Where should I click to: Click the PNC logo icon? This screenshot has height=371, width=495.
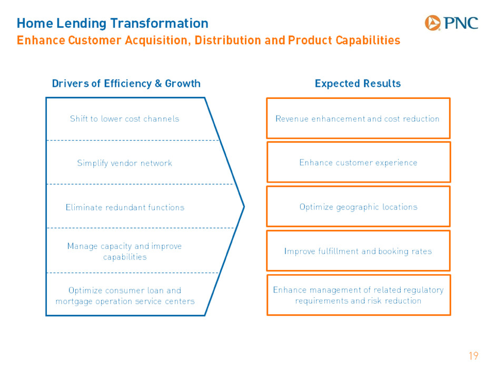click(x=432, y=23)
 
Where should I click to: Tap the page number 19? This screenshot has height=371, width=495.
click(x=473, y=356)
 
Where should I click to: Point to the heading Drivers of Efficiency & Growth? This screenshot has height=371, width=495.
click(x=126, y=83)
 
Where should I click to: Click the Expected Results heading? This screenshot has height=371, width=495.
click(x=358, y=83)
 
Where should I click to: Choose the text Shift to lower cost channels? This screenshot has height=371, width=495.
click(x=125, y=118)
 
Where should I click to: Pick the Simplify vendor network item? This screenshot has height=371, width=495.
click(x=125, y=163)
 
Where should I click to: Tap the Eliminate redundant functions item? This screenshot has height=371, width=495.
click(x=125, y=207)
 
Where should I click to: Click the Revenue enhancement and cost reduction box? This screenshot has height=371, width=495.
click(x=358, y=118)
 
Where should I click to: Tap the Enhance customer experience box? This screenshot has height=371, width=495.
click(x=359, y=162)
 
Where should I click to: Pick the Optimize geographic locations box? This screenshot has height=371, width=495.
click(x=358, y=207)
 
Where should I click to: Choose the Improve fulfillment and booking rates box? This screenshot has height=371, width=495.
click(x=358, y=251)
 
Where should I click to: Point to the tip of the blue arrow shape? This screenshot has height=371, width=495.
click(x=244, y=207)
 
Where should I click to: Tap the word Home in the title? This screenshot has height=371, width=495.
click(x=35, y=23)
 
